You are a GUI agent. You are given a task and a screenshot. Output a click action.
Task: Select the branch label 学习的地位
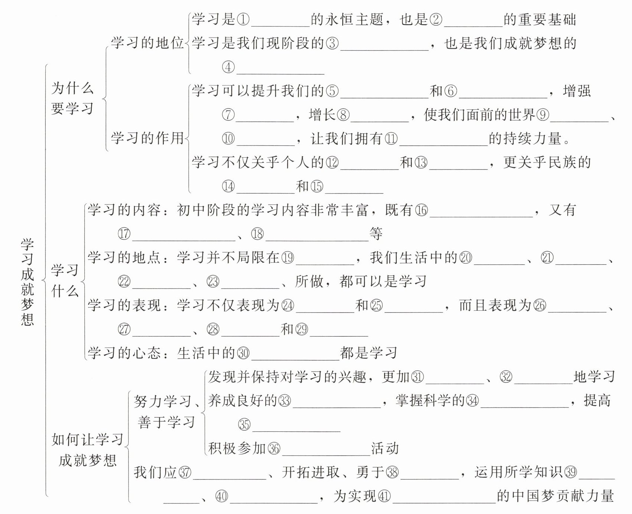coord(148,43)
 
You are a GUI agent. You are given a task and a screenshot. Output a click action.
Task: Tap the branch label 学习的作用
coord(148,138)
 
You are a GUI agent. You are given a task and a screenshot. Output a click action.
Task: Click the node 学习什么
coord(65,281)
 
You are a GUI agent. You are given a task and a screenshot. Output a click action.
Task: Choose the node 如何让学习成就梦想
coord(88,450)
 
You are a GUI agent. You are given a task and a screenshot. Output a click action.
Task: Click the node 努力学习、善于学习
coord(166,411)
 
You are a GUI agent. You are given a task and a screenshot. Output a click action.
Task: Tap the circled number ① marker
coord(243,19)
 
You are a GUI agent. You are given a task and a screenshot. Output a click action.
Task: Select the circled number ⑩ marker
coord(228,139)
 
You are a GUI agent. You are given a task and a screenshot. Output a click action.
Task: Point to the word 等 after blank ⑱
coord(376,234)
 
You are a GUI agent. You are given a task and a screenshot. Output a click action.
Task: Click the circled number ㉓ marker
coord(213,281)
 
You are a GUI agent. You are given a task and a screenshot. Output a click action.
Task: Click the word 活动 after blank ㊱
coord(385,448)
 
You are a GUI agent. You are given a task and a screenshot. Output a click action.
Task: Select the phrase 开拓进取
coord(311,472)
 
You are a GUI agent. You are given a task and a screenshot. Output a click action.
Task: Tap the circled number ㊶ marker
coord(385,496)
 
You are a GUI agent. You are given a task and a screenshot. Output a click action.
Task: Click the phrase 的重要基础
coord(540,19)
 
